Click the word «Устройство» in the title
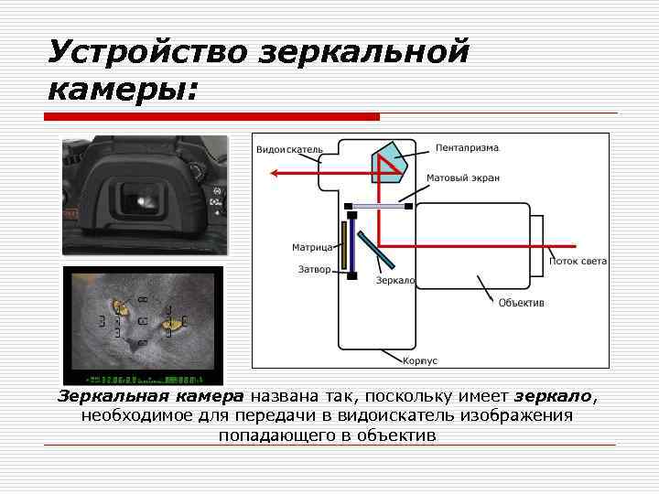pos(146,53)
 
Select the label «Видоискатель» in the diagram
pos(288,149)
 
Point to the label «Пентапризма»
pos(467,147)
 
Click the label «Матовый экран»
pos(463,178)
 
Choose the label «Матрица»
pos(312,246)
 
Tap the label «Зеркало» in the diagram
pos(395,280)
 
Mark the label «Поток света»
pos(578,262)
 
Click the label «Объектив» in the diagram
pos(521,303)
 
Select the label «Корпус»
pos(420,360)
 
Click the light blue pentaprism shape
pos(391,161)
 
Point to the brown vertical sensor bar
pos(340,245)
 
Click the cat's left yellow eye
pos(118,306)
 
